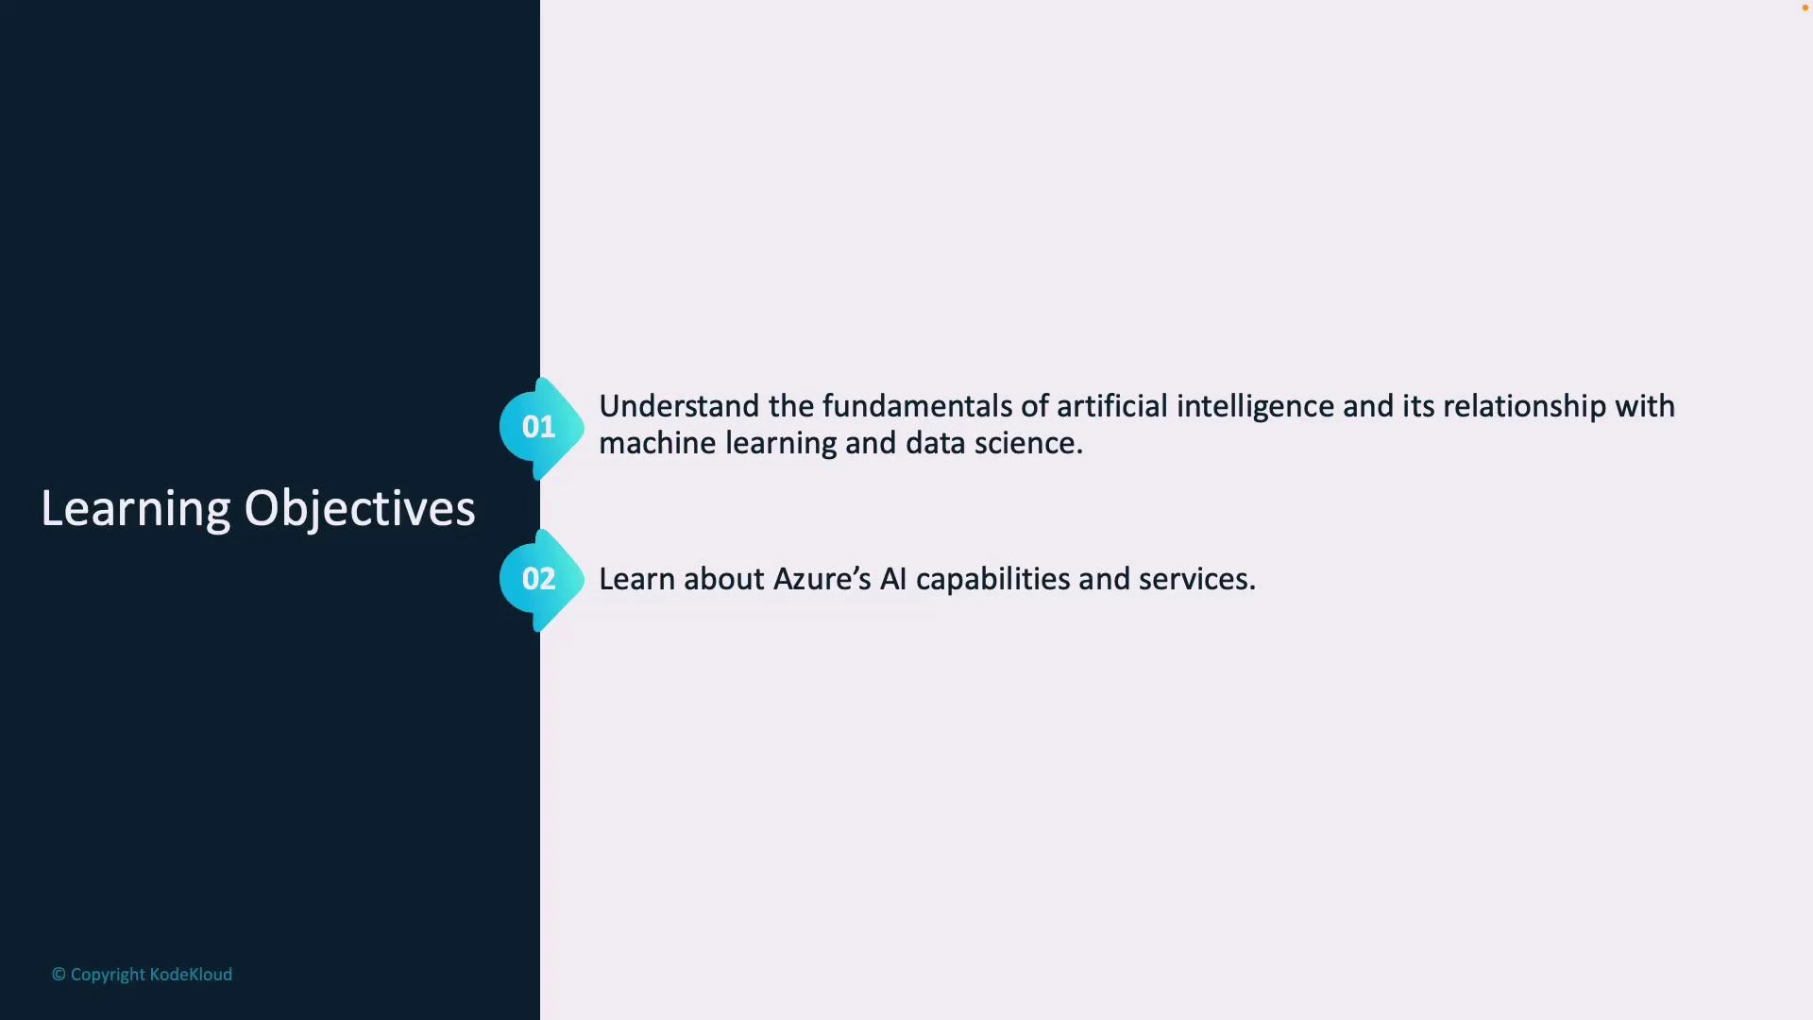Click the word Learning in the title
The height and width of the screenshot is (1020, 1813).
coord(135,509)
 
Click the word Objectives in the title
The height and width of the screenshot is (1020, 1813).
coord(360,509)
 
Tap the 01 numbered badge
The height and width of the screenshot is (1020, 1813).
coord(539,428)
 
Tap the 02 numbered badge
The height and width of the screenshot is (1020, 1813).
coord(539,579)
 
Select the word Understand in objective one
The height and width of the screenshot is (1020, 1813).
coord(679,407)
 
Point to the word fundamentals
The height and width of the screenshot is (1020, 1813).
coord(917,407)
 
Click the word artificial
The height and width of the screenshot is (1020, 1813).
coord(1111,407)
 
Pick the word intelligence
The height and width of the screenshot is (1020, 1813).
coord(1255,407)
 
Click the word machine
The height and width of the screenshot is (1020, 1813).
coord(657,444)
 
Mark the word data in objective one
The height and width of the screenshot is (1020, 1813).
coord(935,444)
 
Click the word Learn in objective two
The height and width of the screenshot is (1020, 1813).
coord(636,580)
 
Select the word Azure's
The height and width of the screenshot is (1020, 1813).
coord(822,580)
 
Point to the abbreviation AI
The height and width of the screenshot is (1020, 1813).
coord(892,580)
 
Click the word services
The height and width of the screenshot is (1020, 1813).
coord(1196,580)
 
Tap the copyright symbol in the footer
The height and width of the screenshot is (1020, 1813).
coord(59,975)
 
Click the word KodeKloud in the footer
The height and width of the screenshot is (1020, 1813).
coord(191,975)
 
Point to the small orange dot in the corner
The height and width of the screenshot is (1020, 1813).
coord(1805,8)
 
